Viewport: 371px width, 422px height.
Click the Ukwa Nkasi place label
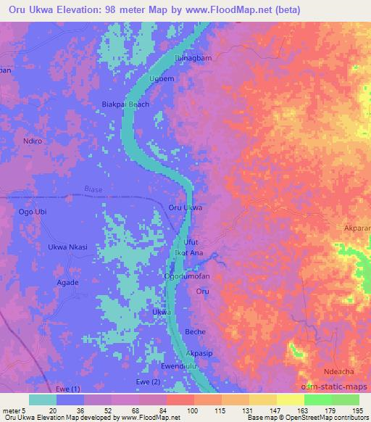pos(67,247)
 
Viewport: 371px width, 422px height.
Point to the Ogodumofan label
pos(191,277)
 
